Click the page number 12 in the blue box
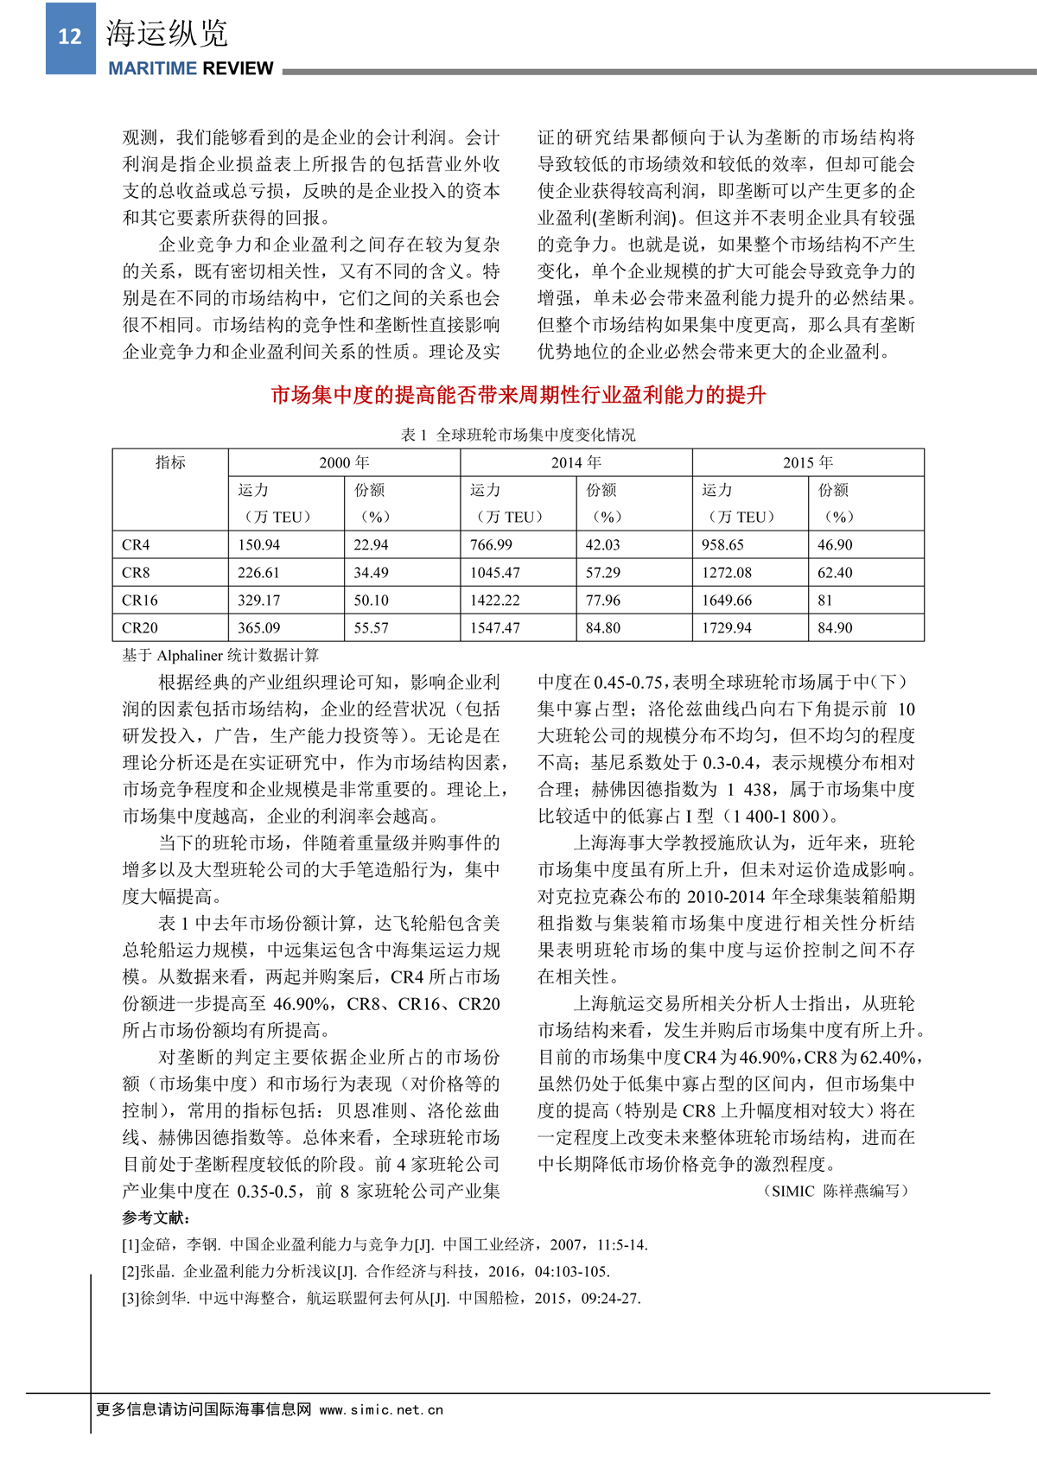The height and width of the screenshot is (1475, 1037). click(x=70, y=36)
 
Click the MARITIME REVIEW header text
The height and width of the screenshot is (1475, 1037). click(x=190, y=68)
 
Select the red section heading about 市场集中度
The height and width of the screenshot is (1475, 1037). click(x=518, y=395)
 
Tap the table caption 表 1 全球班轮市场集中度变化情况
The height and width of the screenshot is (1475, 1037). click(x=518, y=435)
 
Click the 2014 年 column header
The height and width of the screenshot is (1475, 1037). click(x=576, y=462)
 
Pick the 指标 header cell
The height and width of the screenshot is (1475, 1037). click(x=170, y=462)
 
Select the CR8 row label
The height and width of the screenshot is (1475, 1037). click(x=136, y=572)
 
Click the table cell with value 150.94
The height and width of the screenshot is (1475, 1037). click(x=259, y=544)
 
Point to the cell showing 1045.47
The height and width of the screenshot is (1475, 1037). click(x=495, y=572)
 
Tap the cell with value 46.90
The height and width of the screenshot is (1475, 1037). click(x=835, y=544)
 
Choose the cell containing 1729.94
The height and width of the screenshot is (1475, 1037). click(x=727, y=627)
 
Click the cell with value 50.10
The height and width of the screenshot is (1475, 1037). click(x=371, y=600)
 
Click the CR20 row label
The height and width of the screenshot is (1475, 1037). click(x=139, y=627)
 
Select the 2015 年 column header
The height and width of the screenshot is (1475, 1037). click(x=808, y=462)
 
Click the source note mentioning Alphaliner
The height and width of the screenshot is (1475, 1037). click(x=220, y=655)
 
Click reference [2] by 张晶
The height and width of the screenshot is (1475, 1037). click(x=366, y=1271)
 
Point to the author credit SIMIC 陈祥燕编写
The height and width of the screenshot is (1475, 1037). click(x=837, y=1191)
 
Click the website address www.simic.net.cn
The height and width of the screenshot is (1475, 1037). click(x=381, y=1409)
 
